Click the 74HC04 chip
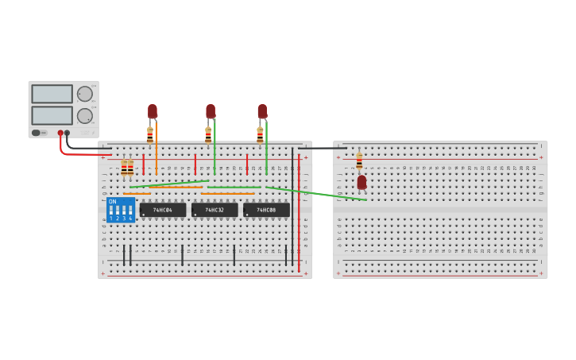(x=163, y=210)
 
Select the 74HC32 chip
(x=215, y=210)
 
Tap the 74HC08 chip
(x=266, y=210)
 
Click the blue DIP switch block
(x=120, y=211)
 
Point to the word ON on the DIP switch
(x=112, y=202)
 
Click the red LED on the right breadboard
(x=361, y=183)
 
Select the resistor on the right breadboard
(x=359, y=161)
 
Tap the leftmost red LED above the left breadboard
(x=152, y=111)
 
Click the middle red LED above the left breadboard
(x=211, y=111)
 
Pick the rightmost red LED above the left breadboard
(x=262, y=111)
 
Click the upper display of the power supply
(x=52, y=94)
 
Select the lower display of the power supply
(x=52, y=115)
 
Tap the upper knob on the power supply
(x=84, y=94)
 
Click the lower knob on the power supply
(x=84, y=115)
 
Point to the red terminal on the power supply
(x=60, y=134)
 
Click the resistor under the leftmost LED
(x=149, y=136)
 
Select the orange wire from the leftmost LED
(x=156, y=147)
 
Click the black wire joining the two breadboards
(x=322, y=148)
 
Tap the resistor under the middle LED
(x=208, y=136)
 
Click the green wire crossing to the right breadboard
(x=318, y=193)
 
